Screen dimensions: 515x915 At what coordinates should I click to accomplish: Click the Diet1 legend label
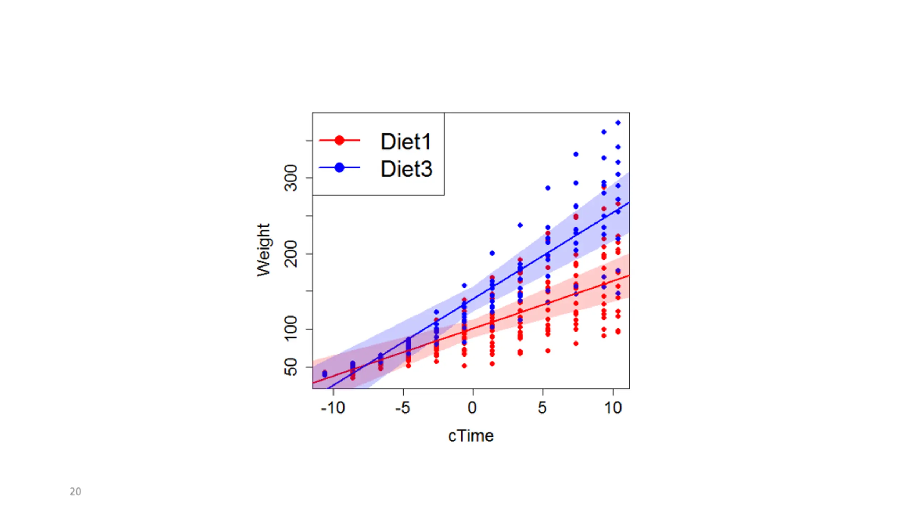click(406, 142)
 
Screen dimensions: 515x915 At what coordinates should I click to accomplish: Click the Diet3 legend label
click(406, 169)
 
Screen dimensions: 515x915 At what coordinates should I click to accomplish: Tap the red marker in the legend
click(339, 140)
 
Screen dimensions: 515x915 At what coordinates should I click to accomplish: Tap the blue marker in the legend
click(339, 167)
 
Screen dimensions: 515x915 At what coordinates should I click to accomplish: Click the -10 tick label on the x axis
click(333, 408)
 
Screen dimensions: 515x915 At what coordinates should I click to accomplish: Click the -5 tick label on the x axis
click(403, 408)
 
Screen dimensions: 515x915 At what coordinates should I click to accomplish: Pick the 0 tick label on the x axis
click(473, 408)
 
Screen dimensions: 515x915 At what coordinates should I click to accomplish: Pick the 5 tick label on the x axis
click(543, 408)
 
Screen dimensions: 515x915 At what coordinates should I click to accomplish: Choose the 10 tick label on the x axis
click(613, 408)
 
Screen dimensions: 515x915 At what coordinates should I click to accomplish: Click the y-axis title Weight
click(264, 250)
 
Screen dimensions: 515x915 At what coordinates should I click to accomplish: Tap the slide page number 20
click(75, 491)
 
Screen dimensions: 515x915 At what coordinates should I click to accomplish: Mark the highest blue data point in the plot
click(618, 123)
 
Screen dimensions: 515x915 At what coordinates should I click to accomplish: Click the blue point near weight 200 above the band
click(492, 253)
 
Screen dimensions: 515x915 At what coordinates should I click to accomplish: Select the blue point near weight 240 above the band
click(520, 225)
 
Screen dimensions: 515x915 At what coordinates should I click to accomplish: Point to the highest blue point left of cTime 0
click(464, 285)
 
